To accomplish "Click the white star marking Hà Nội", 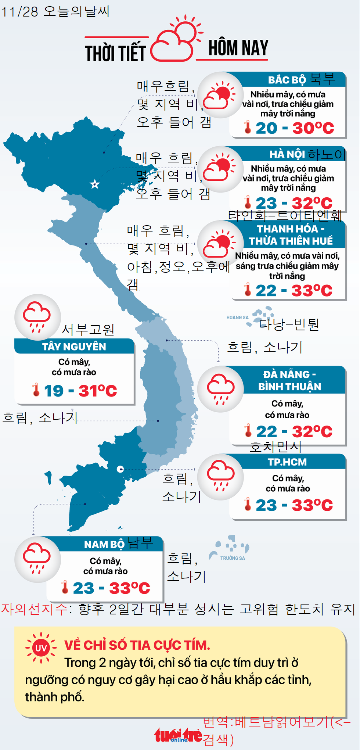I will tap(95, 184).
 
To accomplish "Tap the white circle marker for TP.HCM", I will tap(120, 469).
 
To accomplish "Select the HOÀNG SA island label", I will tap(237, 317).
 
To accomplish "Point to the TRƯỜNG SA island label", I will tap(233, 558).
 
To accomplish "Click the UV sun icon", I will tap(41, 648).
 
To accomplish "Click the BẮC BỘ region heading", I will tap(287, 80).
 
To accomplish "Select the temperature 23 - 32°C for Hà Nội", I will tap(294, 203).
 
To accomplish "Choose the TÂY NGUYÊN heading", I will tap(74, 347).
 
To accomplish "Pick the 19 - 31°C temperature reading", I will tap(80, 391).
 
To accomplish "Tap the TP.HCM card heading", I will tap(287, 462).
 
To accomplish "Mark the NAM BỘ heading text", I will tap(104, 544).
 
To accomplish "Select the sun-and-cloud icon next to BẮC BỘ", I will tap(220, 95).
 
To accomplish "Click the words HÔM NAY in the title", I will tap(238, 48).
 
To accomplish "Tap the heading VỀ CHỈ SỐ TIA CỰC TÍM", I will tap(137, 645).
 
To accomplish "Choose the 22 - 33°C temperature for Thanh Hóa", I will tap(294, 291).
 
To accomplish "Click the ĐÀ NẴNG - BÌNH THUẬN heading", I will tap(289, 380).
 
